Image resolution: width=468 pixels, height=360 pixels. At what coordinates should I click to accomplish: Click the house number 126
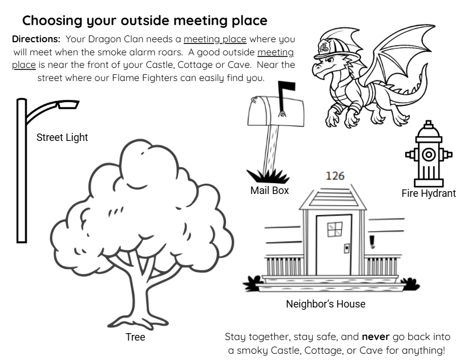(x=335, y=176)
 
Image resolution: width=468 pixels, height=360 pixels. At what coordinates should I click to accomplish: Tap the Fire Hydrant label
(x=429, y=193)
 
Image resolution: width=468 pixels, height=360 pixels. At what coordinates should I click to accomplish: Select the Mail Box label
(x=269, y=191)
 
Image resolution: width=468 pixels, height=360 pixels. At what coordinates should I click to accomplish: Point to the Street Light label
(x=62, y=137)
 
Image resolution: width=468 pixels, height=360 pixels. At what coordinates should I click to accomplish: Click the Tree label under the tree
(x=135, y=337)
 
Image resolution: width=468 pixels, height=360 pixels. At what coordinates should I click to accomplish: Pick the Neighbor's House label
(x=325, y=304)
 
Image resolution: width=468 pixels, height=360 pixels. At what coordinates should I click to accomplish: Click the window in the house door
(x=334, y=229)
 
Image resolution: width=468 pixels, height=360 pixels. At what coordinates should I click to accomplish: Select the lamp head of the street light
(x=67, y=104)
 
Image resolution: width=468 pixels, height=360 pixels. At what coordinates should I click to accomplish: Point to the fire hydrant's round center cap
(x=429, y=154)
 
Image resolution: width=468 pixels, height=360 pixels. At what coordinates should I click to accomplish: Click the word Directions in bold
(x=36, y=39)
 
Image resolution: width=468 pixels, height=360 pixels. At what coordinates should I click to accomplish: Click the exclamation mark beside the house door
(x=373, y=242)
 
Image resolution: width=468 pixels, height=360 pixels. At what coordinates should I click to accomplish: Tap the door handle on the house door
(x=346, y=248)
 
